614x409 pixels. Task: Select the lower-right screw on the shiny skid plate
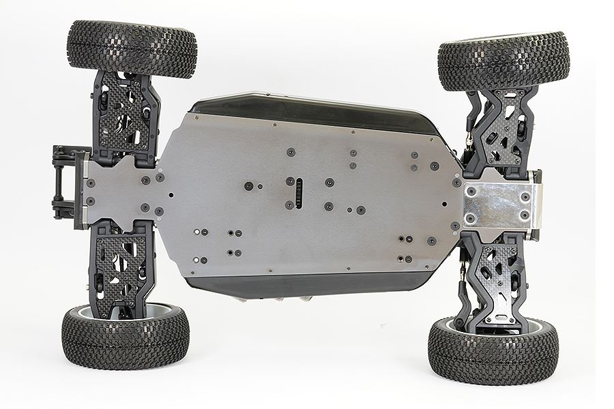pyautogui.click(x=525, y=216)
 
